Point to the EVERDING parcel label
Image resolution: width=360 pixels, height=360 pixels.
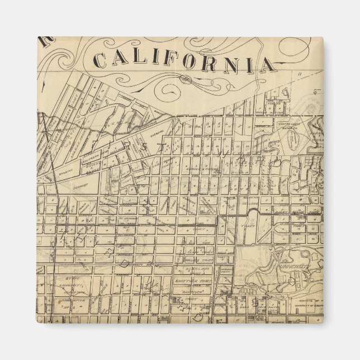[x=160, y=127]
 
